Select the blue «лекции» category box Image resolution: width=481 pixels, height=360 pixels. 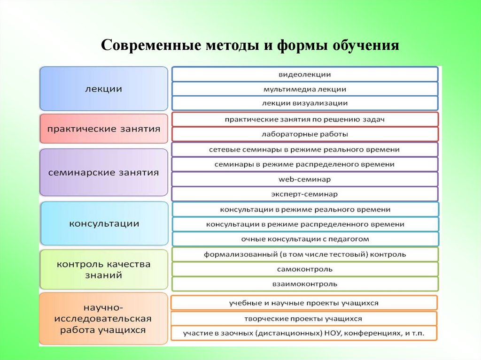point(104,89)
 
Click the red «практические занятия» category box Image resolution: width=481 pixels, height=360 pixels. point(104,129)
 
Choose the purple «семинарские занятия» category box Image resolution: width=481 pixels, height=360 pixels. point(104,172)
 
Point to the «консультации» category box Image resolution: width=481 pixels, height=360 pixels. point(104,223)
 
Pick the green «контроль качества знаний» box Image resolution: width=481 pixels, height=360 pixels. point(104,269)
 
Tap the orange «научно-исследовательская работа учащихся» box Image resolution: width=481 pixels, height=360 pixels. point(104,319)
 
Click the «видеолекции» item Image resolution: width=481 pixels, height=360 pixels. point(305,74)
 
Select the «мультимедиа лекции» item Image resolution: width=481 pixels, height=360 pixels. point(305,89)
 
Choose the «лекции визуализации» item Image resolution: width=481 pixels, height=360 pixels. point(305,103)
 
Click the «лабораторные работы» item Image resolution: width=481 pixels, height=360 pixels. point(305,134)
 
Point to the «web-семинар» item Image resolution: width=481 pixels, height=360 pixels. point(305,179)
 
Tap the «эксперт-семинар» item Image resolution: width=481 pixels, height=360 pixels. point(305,193)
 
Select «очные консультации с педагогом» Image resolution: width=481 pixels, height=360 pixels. point(305,239)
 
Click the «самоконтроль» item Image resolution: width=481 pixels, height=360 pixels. point(305,269)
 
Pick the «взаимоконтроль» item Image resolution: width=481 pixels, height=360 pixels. point(305,284)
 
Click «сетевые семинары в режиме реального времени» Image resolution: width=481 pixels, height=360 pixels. point(305,149)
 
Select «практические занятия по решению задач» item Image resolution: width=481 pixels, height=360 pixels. point(305,120)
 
